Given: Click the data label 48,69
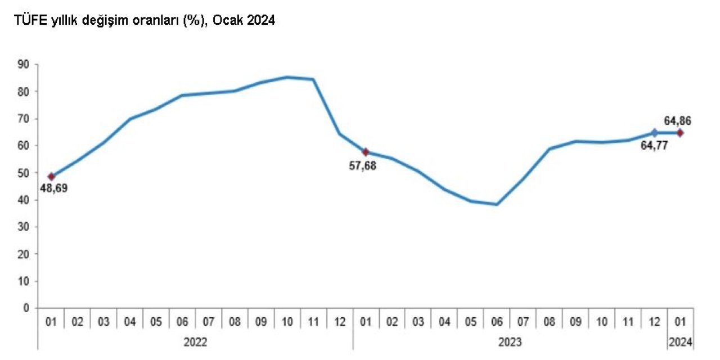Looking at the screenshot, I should [x=53, y=188].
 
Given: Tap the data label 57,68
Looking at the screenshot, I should [x=363, y=166].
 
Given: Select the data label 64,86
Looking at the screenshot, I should [x=677, y=120].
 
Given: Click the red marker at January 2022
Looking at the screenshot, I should [x=51, y=177].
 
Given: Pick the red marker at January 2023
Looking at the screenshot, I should [x=366, y=152].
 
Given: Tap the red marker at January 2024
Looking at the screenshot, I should [x=680, y=133].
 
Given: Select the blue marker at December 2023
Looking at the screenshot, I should [x=654, y=133].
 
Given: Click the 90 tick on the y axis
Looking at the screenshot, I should [x=24, y=64].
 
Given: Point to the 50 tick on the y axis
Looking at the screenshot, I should [x=24, y=173].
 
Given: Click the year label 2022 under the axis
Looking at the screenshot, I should [x=195, y=342].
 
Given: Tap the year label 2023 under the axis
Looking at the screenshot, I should [x=510, y=342].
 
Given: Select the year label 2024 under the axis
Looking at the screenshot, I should [x=680, y=342].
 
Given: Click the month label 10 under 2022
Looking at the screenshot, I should [x=287, y=322].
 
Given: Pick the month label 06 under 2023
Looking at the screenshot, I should [x=497, y=322].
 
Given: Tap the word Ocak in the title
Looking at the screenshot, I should [x=229, y=21].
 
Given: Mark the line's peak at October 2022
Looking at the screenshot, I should [x=287, y=77].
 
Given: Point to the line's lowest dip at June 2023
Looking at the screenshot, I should [x=497, y=204].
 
